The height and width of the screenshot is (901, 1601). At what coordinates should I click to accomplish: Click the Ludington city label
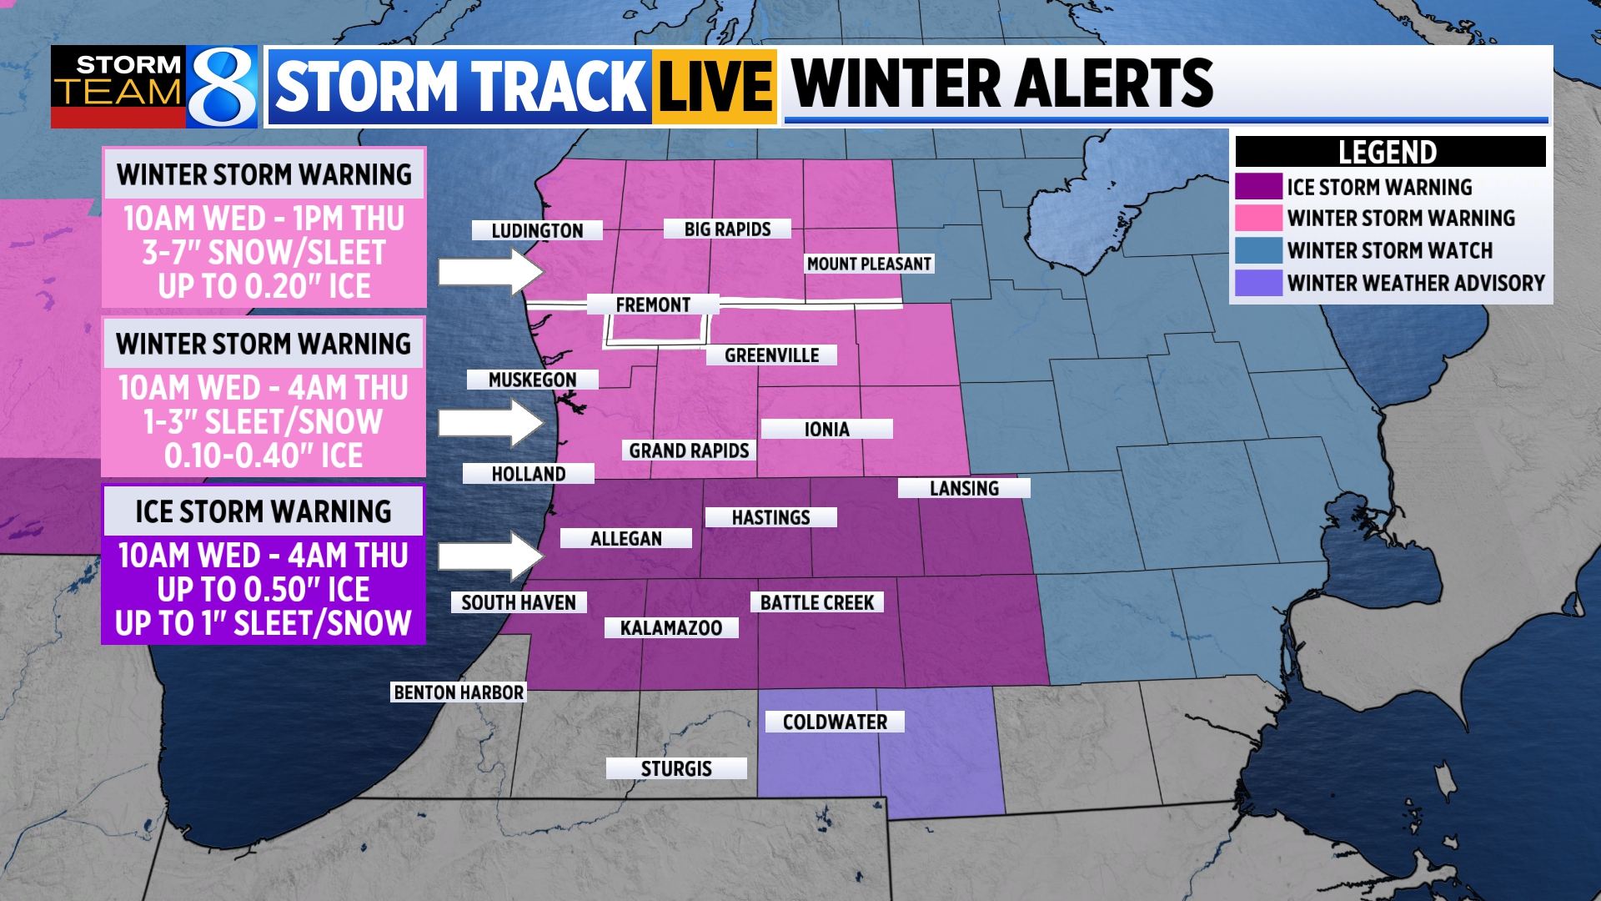537,230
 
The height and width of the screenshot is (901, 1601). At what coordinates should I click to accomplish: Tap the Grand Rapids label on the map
689,450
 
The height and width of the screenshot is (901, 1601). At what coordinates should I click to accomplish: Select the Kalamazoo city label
671,627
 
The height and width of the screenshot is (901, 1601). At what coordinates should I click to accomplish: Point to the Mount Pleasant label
869,264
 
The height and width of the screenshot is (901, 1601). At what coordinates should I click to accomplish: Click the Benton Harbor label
459,692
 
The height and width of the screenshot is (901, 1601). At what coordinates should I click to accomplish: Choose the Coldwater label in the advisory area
835,722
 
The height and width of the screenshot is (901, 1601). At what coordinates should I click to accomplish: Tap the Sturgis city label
676,768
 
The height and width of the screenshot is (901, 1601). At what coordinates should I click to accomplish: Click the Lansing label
964,488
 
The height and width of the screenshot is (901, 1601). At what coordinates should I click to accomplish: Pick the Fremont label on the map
653,305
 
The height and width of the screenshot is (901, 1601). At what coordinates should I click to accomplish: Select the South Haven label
519,602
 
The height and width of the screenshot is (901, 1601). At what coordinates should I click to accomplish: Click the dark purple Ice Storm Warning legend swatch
1258,186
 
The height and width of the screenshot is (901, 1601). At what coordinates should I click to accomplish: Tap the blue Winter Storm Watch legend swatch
1258,250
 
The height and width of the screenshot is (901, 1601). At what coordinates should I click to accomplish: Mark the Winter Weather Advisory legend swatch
1258,283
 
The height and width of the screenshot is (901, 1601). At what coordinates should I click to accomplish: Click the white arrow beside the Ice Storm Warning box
490,556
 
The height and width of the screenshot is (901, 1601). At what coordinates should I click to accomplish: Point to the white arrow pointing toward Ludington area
490,272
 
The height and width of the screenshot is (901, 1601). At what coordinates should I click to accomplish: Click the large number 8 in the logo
222,87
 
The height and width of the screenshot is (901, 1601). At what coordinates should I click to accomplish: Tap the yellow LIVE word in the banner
715,87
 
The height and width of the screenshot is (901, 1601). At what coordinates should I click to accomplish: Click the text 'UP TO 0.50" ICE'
263,590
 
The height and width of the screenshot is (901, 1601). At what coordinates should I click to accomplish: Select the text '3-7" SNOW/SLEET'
263,253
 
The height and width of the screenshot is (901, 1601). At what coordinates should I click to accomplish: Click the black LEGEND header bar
1389,152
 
